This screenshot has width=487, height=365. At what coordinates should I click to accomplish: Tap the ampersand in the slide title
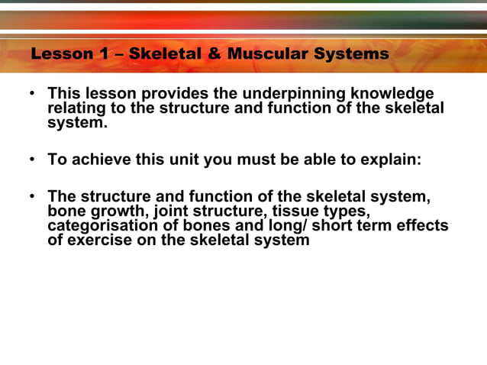(214, 54)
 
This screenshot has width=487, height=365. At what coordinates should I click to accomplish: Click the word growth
(118, 212)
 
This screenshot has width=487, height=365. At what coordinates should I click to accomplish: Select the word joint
(173, 212)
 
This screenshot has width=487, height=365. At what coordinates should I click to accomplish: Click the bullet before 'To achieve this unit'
(32, 160)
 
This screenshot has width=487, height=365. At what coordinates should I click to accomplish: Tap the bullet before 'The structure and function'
(32, 197)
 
